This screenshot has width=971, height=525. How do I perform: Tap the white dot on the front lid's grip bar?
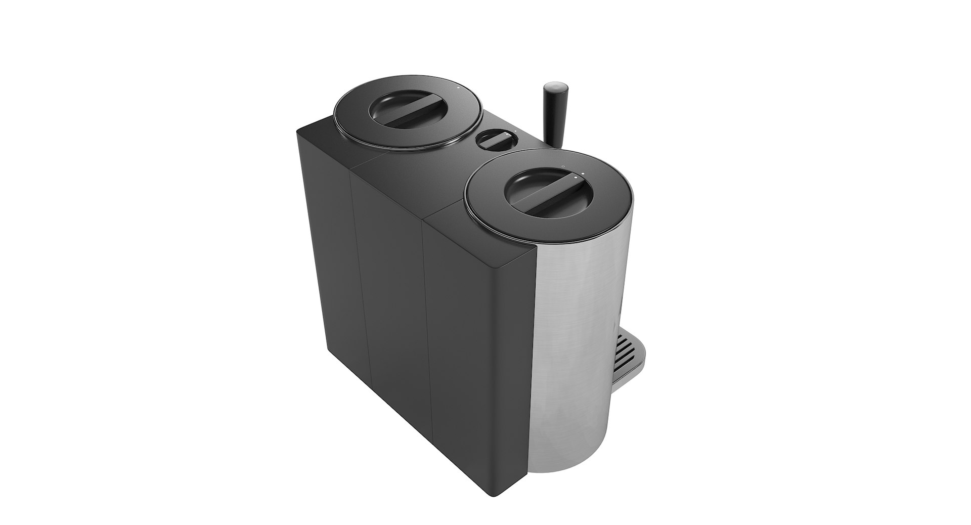click(x=575, y=178)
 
